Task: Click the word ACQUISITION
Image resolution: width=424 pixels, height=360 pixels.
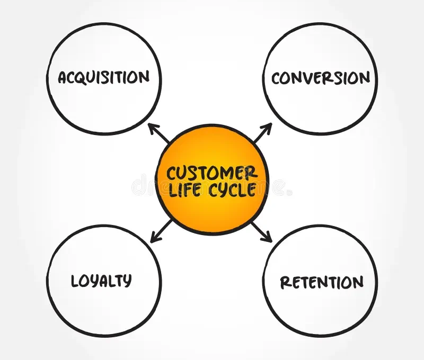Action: (104, 77)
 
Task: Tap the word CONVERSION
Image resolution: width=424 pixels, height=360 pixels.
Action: (320, 78)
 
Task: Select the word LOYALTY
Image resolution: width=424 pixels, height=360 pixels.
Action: (101, 281)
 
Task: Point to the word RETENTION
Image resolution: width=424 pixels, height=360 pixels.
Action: (322, 282)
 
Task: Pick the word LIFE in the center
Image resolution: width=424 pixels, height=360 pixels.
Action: (182, 190)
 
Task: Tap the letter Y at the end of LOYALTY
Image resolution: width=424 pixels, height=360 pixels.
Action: (127, 281)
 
